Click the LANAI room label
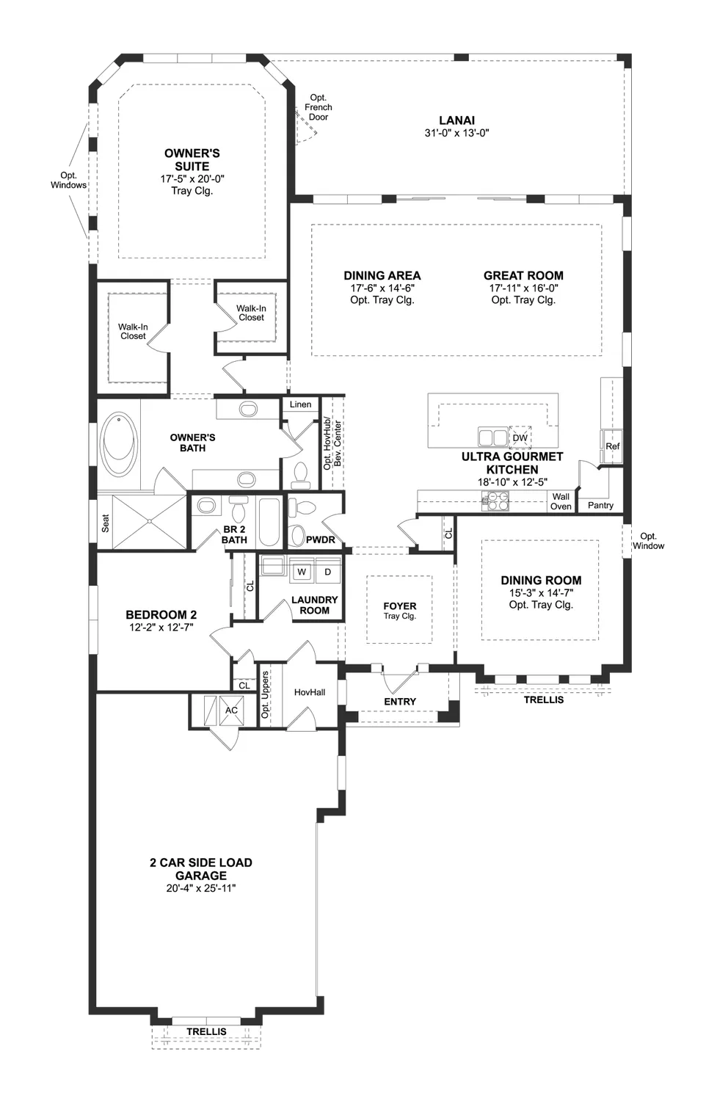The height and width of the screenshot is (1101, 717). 456,120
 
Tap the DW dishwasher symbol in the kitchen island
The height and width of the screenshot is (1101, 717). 520,437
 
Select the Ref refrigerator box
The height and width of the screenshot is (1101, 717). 612,446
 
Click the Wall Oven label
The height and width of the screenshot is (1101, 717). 561,501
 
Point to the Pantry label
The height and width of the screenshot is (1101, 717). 600,505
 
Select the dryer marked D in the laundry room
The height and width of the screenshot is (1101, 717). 327,571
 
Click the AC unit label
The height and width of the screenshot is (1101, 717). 231,711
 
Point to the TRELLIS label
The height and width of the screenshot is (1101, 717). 206,1031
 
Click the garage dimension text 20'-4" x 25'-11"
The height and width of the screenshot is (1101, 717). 200,888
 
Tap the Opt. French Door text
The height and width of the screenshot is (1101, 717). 318,107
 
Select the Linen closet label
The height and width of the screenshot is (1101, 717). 300,404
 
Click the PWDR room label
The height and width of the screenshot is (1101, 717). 320,539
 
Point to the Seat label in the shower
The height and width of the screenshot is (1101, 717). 106,523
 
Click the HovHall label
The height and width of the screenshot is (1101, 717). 309,692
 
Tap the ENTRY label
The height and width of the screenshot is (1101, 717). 400,702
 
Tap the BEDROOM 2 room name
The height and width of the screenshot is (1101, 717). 161,614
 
